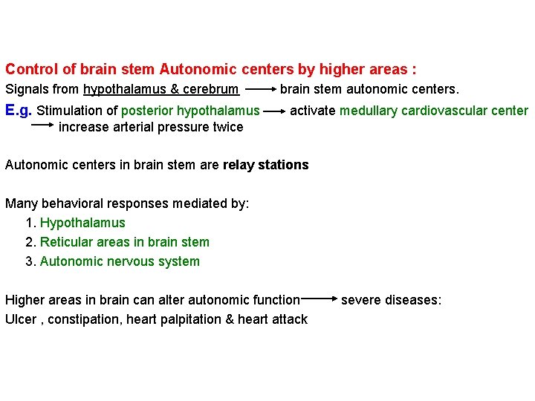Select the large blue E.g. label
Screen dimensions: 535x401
19,111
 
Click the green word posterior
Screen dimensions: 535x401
147,111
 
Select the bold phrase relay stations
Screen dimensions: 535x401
265,165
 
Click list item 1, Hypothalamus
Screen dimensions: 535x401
82,223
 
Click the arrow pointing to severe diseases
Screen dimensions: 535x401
320,299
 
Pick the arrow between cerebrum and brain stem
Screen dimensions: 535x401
259,90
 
